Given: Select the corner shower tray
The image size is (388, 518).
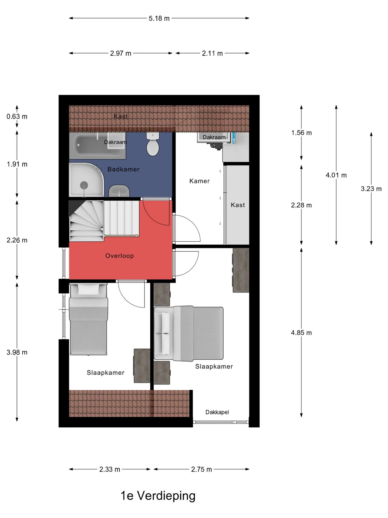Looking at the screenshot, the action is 86,180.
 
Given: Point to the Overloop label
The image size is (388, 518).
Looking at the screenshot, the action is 119,256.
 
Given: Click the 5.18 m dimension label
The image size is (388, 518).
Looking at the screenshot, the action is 159,18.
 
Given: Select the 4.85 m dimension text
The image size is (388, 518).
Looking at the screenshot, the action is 301,333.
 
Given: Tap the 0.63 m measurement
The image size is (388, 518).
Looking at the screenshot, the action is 17,117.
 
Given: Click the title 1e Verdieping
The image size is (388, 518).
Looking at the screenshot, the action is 158,496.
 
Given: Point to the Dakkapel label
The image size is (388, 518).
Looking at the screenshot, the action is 217,412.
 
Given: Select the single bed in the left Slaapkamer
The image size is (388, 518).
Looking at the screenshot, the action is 88,319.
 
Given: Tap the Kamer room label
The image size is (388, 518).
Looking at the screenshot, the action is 199,181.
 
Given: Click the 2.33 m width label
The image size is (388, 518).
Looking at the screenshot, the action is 110,469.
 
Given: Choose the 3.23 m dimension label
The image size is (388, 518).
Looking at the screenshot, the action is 371,189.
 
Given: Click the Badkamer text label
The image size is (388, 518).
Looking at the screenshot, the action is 123,169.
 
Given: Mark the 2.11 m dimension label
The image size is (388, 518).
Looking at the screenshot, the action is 212,53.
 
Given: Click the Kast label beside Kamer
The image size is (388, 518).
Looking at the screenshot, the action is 238,205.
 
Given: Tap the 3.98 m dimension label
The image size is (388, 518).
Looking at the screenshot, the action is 17,352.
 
